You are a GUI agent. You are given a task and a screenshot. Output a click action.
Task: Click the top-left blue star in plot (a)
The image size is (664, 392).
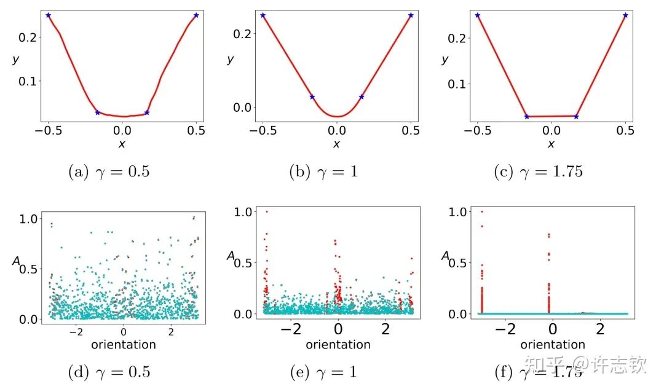pyautogui.click(x=48, y=15)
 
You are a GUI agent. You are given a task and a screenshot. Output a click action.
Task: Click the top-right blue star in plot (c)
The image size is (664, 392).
pyautogui.click(x=625, y=15)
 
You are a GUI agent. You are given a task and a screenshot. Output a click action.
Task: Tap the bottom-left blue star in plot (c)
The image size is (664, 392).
pyautogui.click(x=526, y=116)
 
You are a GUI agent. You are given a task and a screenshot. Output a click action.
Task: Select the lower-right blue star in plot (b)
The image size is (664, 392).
pyautogui.click(x=362, y=96)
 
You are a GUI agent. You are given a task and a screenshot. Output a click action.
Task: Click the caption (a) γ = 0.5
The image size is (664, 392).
pyautogui.click(x=108, y=171)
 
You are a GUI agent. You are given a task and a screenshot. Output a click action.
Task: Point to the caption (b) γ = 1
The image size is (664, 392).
pyautogui.click(x=323, y=171)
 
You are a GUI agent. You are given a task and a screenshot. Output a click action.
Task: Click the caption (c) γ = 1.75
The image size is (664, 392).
pyautogui.click(x=538, y=171)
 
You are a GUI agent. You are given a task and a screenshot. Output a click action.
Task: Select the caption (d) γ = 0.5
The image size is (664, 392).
pyautogui.click(x=108, y=371)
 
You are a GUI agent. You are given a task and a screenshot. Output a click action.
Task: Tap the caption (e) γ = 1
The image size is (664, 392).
pyautogui.click(x=323, y=371)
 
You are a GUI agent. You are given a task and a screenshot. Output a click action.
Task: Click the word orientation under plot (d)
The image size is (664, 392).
pyautogui.click(x=124, y=345)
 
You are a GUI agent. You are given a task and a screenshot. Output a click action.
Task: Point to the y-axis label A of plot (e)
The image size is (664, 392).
pyautogui.click(x=231, y=256)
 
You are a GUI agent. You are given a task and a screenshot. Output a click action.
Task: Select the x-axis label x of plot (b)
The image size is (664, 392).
pyautogui.click(x=336, y=144)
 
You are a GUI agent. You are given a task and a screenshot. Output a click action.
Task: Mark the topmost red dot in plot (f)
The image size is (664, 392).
pyautogui.click(x=481, y=211)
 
